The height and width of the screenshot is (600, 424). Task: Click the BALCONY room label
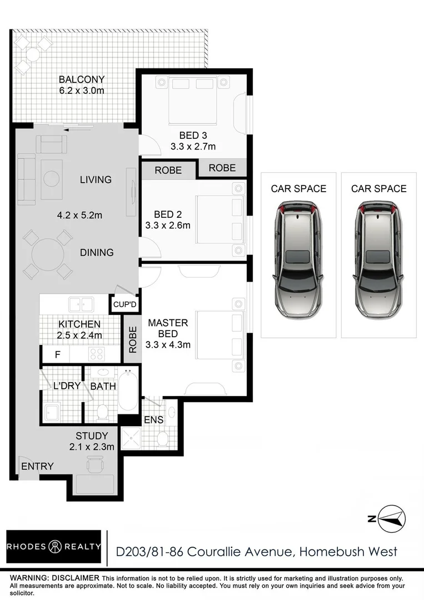point(82,79)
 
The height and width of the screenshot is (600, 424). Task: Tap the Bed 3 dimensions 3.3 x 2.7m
point(193,147)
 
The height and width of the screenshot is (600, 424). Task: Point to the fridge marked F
point(57,353)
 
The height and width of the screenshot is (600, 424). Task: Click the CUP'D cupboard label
point(124,304)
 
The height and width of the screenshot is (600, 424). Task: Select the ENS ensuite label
point(153,419)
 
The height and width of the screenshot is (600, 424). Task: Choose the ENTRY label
point(37,466)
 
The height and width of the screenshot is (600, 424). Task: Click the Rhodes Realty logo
point(54,547)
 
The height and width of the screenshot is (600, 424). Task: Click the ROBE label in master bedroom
point(133,339)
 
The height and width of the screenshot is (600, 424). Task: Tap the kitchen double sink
point(81,304)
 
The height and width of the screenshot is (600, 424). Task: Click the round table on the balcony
point(32,54)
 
